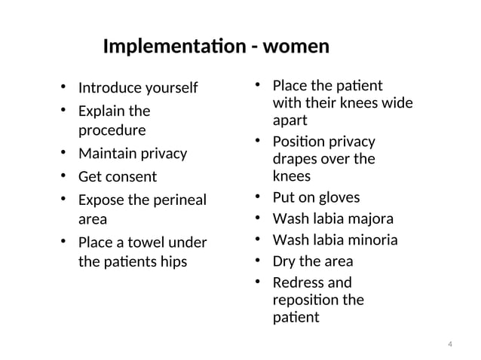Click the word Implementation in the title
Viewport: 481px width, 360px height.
pyautogui.click(x=174, y=47)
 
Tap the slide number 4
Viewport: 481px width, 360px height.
pyautogui.click(x=449, y=345)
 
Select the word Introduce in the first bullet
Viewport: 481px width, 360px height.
pyautogui.click(x=111, y=88)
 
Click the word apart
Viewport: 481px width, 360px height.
pyautogui.click(x=290, y=120)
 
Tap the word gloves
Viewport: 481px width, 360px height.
pyautogui.click(x=337, y=197)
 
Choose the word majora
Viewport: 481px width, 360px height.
pyautogui.click(x=369, y=219)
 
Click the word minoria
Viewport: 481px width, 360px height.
pyautogui.click(x=372, y=241)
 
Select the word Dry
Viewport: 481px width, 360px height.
pyautogui.click(x=284, y=262)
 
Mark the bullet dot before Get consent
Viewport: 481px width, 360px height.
pyautogui.click(x=65, y=177)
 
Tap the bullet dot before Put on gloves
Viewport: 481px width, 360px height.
pyautogui.click(x=258, y=197)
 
